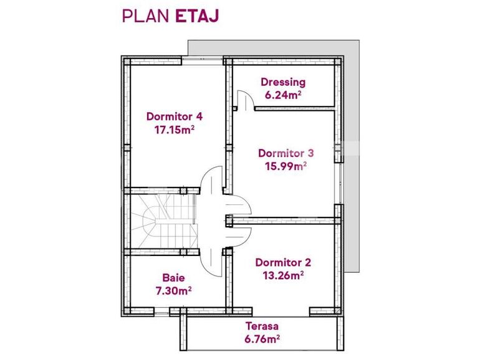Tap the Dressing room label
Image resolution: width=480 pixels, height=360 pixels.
pyautogui.click(x=283, y=82)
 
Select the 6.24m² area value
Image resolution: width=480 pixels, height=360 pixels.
pyautogui.click(x=283, y=95)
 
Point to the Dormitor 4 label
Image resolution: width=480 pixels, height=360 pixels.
pyautogui.click(x=175, y=116)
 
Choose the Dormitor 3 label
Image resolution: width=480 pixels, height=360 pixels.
pyautogui.click(x=286, y=153)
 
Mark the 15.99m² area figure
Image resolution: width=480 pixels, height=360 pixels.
pyautogui.click(x=286, y=166)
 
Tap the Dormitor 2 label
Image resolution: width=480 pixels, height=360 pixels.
pyautogui.click(x=283, y=262)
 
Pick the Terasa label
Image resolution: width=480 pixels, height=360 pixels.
pyautogui.click(x=261, y=326)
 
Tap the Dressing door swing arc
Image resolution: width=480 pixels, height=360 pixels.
pyautogui.click(x=246, y=100)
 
